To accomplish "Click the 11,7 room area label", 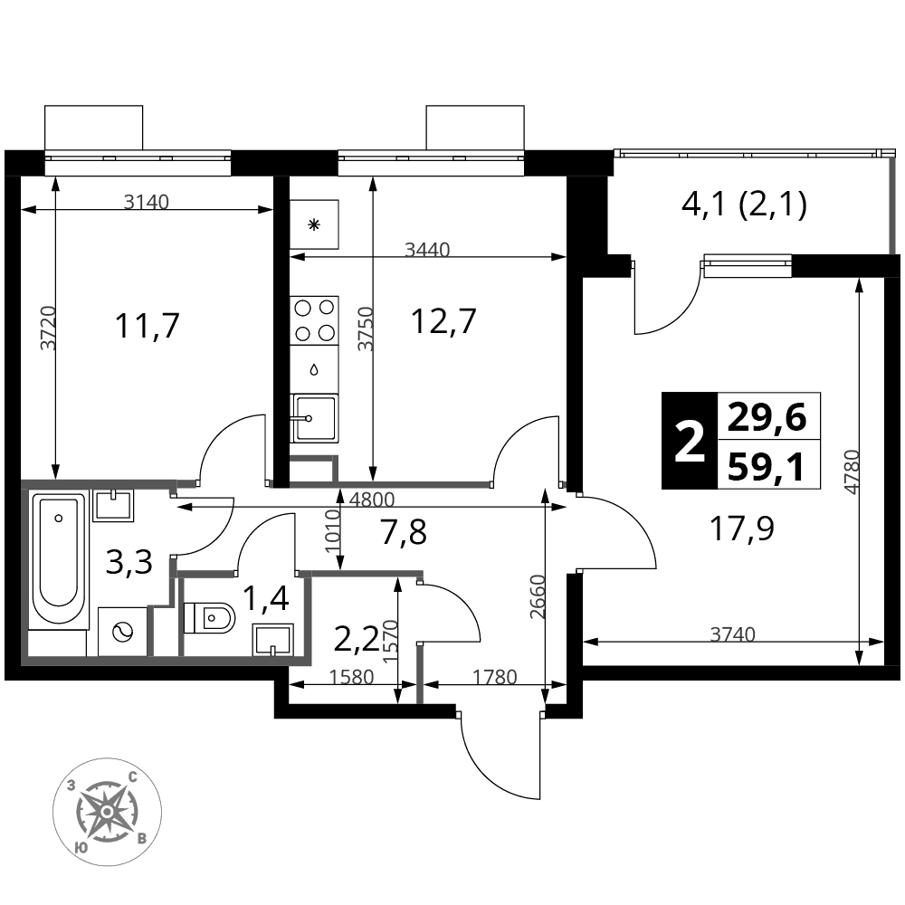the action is pos(148,326).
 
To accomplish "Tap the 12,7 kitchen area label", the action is pos(443,321).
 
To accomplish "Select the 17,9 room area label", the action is pos(742,529).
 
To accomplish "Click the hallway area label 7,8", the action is pos(404,532).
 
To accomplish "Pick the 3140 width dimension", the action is pos(147,202).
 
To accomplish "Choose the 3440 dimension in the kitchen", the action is pos(427,250).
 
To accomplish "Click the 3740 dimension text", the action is pos(732,634).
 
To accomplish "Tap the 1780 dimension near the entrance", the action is pos(494,676).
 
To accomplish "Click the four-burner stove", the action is pos(314,320).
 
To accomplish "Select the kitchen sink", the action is pos(314,418).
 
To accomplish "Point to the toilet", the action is pos(209,618).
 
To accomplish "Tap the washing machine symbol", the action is pos(122,632).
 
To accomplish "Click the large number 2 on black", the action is pos(690,441).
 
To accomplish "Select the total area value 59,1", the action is pos(766,466).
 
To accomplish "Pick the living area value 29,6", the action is pos(767,418).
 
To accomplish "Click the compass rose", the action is pos(107,812).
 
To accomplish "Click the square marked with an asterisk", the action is pos(314,224).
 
